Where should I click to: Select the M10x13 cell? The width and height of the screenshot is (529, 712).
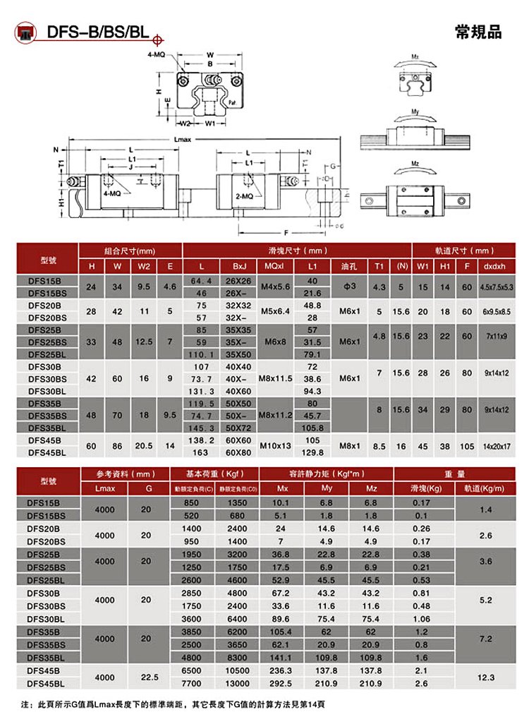275,446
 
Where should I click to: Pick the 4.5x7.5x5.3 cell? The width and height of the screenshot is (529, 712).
497,286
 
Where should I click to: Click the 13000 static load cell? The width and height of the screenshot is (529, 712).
237,683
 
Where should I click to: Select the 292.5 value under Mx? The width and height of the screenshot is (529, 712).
281,683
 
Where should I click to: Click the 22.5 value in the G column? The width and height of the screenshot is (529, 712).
145,677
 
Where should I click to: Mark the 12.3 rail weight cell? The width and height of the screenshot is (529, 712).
486,677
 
